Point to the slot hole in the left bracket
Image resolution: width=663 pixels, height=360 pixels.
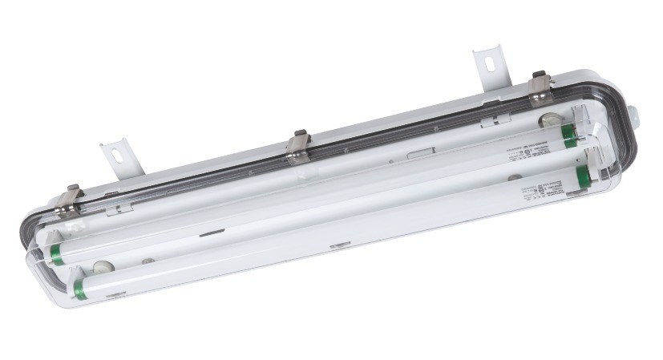pyautogui.click(x=115, y=151)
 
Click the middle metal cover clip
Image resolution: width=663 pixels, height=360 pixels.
pyautogui.click(x=299, y=148)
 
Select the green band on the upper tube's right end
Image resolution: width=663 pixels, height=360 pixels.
pyautogui.click(x=569, y=136)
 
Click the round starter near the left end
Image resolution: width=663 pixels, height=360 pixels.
pyautogui.click(x=100, y=267)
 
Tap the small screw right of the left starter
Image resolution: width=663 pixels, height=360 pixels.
pyautogui.click(x=147, y=261)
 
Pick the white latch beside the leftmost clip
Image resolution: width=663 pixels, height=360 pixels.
pyautogui.click(x=119, y=208)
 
